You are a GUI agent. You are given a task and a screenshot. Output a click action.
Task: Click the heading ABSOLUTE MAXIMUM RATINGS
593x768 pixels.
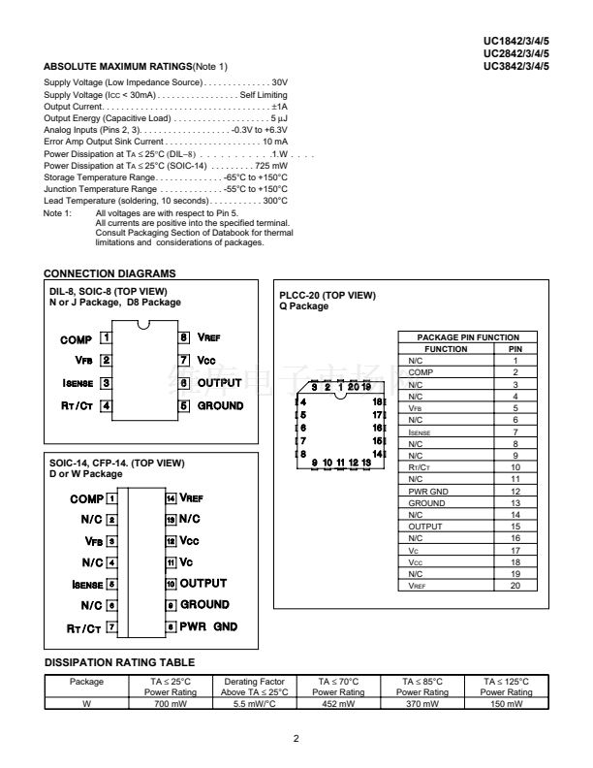click(x=116, y=66)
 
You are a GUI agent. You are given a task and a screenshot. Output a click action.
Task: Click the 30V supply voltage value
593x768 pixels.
click(x=279, y=83)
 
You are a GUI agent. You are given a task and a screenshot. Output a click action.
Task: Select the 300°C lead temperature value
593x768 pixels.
click(x=275, y=201)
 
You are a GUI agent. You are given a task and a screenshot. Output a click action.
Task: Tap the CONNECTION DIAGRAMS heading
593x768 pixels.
click(x=110, y=273)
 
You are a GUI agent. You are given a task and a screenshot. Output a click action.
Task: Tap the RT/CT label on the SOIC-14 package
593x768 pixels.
click(x=84, y=628)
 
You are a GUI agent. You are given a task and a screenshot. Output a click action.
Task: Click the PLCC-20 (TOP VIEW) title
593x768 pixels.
click(x=327, y=295)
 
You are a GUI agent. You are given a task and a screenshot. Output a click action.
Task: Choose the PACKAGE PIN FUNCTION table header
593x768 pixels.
click(x=460, y=336)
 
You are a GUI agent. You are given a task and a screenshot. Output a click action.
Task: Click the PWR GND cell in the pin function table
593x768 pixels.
click(x=427, y=492)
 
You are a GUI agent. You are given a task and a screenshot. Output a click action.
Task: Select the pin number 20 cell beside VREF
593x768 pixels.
click(x=515, y=586)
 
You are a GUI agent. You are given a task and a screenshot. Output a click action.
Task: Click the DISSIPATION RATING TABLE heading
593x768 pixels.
click(x=119, y=662)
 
